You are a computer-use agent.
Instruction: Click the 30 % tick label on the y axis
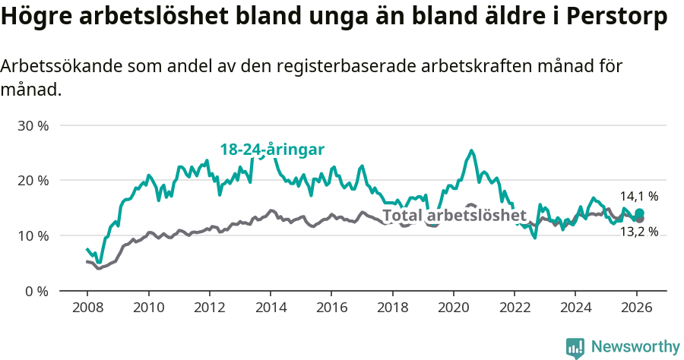(x=33, y=125)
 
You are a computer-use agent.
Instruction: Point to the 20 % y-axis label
(x=33, y=181)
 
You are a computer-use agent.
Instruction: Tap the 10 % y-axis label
(x=33, y=236)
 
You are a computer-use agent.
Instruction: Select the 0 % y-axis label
(x=36, y=292)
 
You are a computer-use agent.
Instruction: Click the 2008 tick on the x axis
(x=87, y=308)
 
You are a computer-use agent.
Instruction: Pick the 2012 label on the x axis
(x=209, y=308)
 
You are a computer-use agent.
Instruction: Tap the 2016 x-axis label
(x=331, y=308)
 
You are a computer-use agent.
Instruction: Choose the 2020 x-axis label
(x=453, y=308)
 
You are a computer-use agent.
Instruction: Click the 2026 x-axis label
(x=635, y=308)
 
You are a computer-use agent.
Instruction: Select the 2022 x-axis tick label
(x=514, y=308)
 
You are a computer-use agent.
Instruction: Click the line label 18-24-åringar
(x=272, y=150)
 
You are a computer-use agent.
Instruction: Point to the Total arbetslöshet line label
(x=454, y=215)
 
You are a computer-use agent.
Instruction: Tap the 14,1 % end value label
(x=638, y=196)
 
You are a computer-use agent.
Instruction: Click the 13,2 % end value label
(x=638, y=232)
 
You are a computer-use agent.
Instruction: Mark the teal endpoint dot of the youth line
(x=639, y=213)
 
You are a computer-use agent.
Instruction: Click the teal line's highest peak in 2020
(x=471, y=150)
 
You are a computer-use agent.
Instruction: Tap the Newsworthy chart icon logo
(x=575, y=348)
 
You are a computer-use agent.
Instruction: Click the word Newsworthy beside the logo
(x=635, y=347)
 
